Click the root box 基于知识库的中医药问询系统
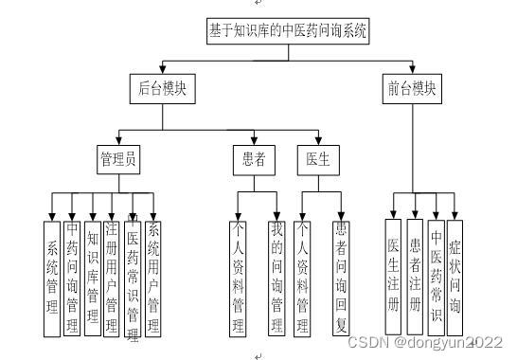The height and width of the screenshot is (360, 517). tap(288, 30)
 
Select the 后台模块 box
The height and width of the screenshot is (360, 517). tap(162, 91)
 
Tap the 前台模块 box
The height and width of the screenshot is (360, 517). tap(413, 91)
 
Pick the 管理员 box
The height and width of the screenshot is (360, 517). tap(117, 158)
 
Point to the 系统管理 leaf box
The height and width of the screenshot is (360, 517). tap(52, 279)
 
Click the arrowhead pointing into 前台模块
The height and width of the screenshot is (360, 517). tap(413, 70)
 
